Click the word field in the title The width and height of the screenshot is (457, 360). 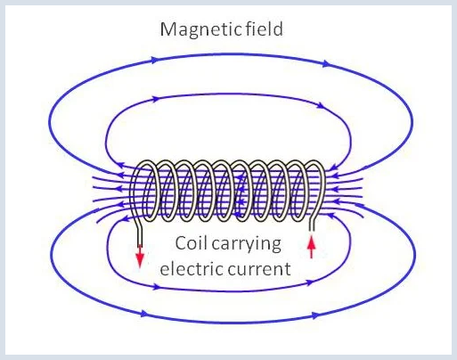(x=264, y=29)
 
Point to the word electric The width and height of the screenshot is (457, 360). (x=192, y=268)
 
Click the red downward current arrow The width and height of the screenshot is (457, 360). (x=140, y=256)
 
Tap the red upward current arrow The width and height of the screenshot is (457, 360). (x=311, y=247)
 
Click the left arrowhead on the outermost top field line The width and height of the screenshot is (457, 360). (x=153, y=60)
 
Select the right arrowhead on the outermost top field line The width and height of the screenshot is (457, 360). (x=326, y=63)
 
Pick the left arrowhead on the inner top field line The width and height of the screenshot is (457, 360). (x=156, y=99)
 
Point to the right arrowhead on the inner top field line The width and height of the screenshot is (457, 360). (x=320, y=105)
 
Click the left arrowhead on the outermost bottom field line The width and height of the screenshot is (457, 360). (x=144, y=314)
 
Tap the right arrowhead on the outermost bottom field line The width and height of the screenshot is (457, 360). (x=314, y=315)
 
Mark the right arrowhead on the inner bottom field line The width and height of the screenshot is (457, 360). (x=309, y=282)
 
